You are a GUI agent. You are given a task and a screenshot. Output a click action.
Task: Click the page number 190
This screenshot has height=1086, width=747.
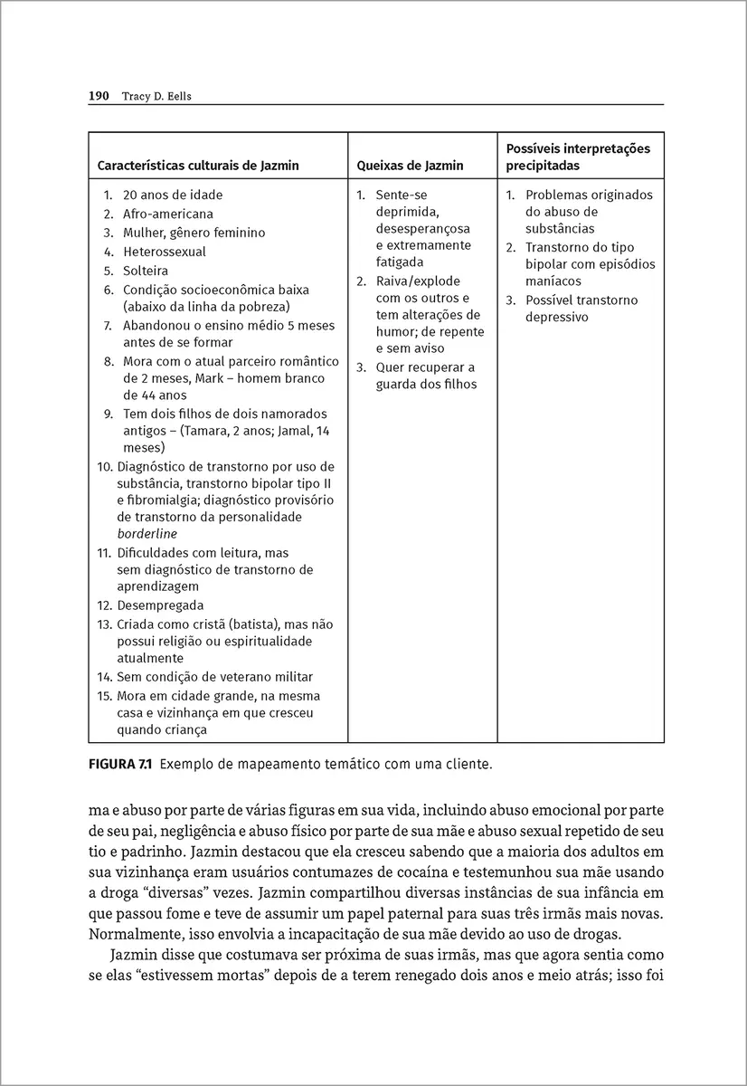(99, 95)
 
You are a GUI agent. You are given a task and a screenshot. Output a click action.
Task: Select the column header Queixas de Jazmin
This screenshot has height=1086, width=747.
(410, 166)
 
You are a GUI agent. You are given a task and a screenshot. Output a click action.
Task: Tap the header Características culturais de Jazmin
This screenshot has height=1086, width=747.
(198, 166)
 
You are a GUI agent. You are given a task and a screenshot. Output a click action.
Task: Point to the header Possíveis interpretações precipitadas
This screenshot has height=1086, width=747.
(578, 157)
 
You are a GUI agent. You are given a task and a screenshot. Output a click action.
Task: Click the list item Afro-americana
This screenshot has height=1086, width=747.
(168, 214)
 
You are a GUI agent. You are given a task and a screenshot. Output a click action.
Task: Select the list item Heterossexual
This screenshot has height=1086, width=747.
(165, 252)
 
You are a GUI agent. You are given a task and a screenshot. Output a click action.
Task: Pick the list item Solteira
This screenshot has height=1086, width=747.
(146, 271)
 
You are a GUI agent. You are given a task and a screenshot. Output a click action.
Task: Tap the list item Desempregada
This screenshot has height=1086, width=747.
(161, 605)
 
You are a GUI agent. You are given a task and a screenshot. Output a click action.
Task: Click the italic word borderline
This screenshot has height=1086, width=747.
(147, 534)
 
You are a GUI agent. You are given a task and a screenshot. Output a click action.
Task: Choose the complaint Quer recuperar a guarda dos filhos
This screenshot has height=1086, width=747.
(425, 376)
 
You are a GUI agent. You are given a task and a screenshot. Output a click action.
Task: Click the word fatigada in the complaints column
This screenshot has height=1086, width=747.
(400, 262)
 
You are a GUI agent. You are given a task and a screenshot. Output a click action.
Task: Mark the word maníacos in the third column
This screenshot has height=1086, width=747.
(553, 281)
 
